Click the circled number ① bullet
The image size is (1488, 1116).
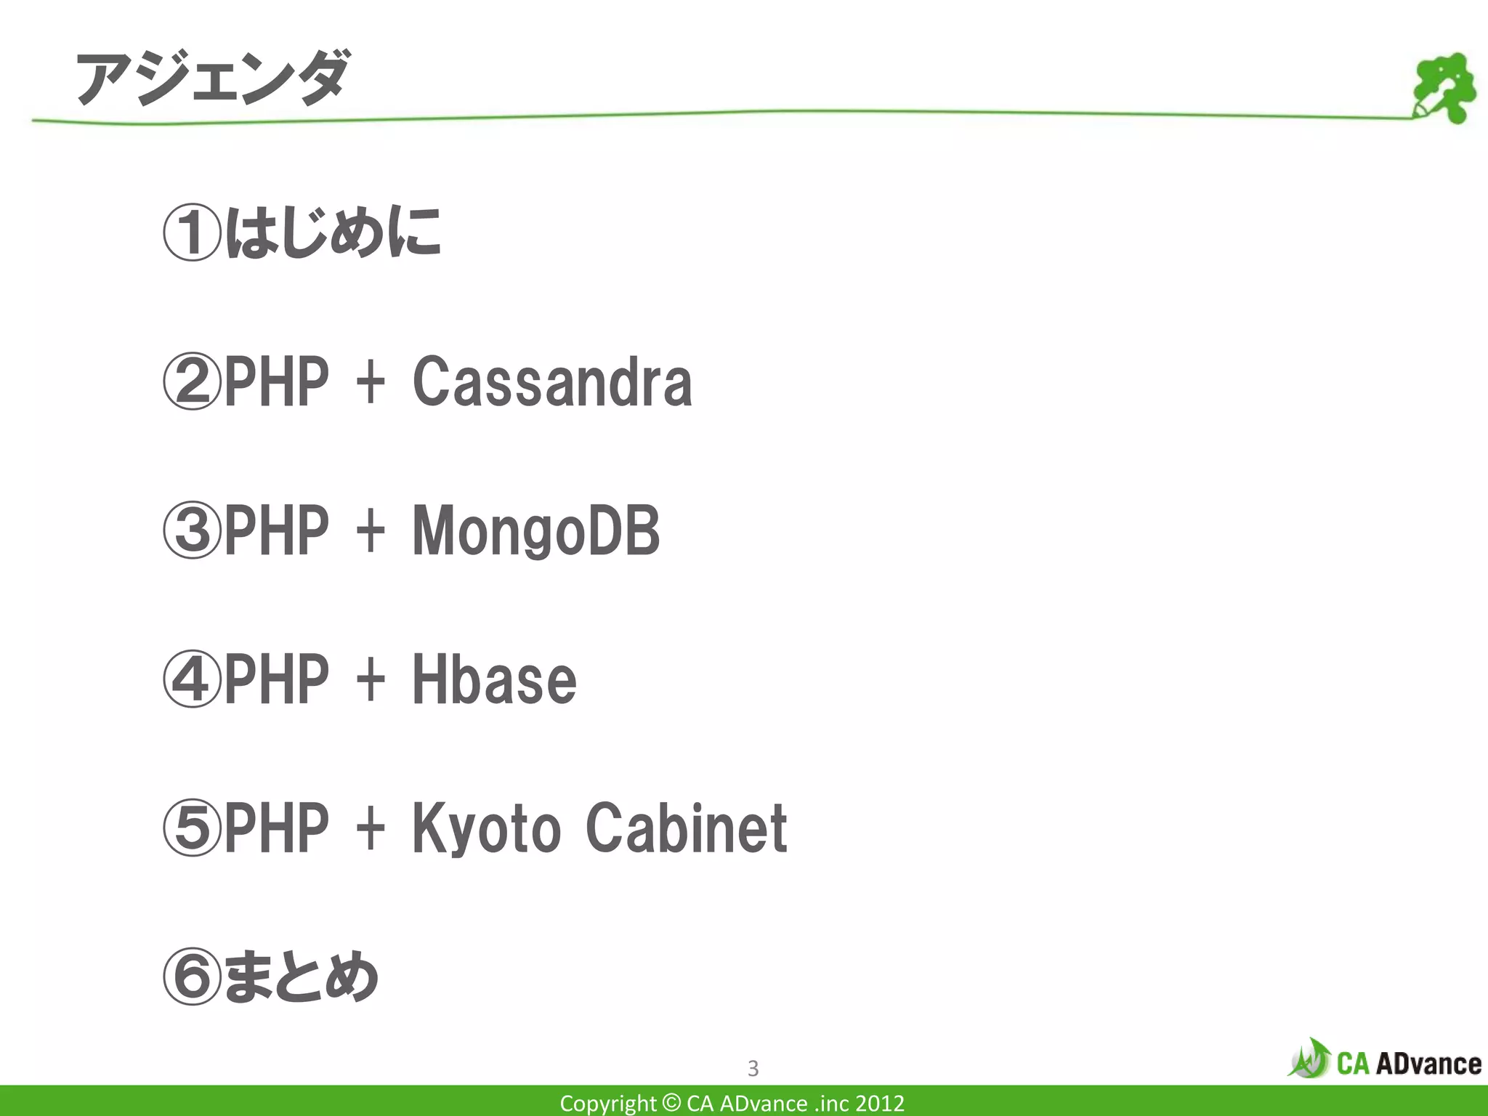[191, 234]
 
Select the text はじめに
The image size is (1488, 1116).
[333, 232]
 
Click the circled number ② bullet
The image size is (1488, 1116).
[191, 382]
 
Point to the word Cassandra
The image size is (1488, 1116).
[552, 382]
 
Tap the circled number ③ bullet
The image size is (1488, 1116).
[191, 531]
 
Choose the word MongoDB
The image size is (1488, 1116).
[536, 531]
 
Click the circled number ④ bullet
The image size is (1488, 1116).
[191, 679]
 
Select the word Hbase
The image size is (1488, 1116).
[494, 679]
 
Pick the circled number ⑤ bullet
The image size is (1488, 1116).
[191, 828]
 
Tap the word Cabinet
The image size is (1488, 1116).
[686, 828]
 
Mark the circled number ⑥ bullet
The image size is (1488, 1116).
[191, 977]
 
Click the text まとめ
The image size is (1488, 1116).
[301, 977]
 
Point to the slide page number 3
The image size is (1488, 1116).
[753, 1068]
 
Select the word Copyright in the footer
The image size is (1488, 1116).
[607, 1104]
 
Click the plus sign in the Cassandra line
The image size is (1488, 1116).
[371, 382]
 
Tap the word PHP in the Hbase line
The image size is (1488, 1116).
[276, 679]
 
